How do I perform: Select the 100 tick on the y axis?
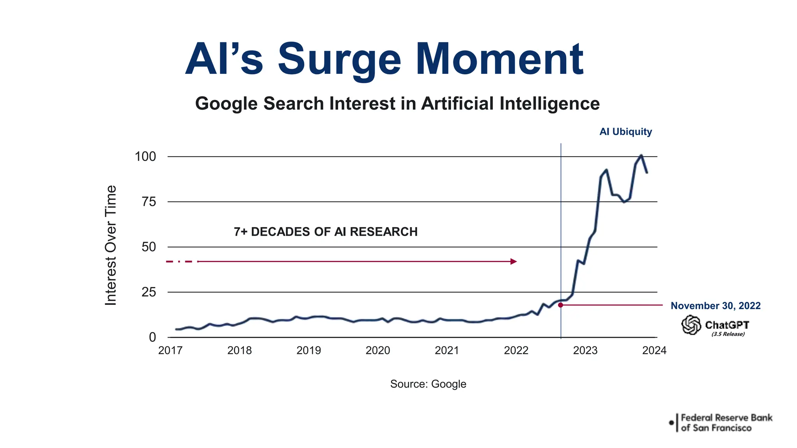(x=145, y=157)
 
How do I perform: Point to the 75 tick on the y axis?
(x=149, y=202)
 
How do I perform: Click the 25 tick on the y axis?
(x=149, y=292)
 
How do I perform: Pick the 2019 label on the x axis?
(x=309, y=350)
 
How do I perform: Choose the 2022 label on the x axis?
(x=516, y=350)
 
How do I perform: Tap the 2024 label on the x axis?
(x=654, y=350)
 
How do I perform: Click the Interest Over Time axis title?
(x=111, y=245)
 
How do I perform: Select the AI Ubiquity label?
(x=625, y=132)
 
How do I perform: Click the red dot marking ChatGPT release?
(x=560, y=305)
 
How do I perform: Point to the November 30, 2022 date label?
(x=715, y=306)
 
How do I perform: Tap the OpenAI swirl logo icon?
(x=691, y=325)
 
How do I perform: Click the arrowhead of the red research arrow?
(x=514, y=261)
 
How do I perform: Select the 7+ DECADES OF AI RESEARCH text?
(x=325, y=232)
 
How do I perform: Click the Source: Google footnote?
(x=428, y=384)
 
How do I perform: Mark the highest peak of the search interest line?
(x=641, y=155)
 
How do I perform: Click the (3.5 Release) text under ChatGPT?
(x=728, y=334)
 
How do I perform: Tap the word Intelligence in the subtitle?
(x=549, y=103)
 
